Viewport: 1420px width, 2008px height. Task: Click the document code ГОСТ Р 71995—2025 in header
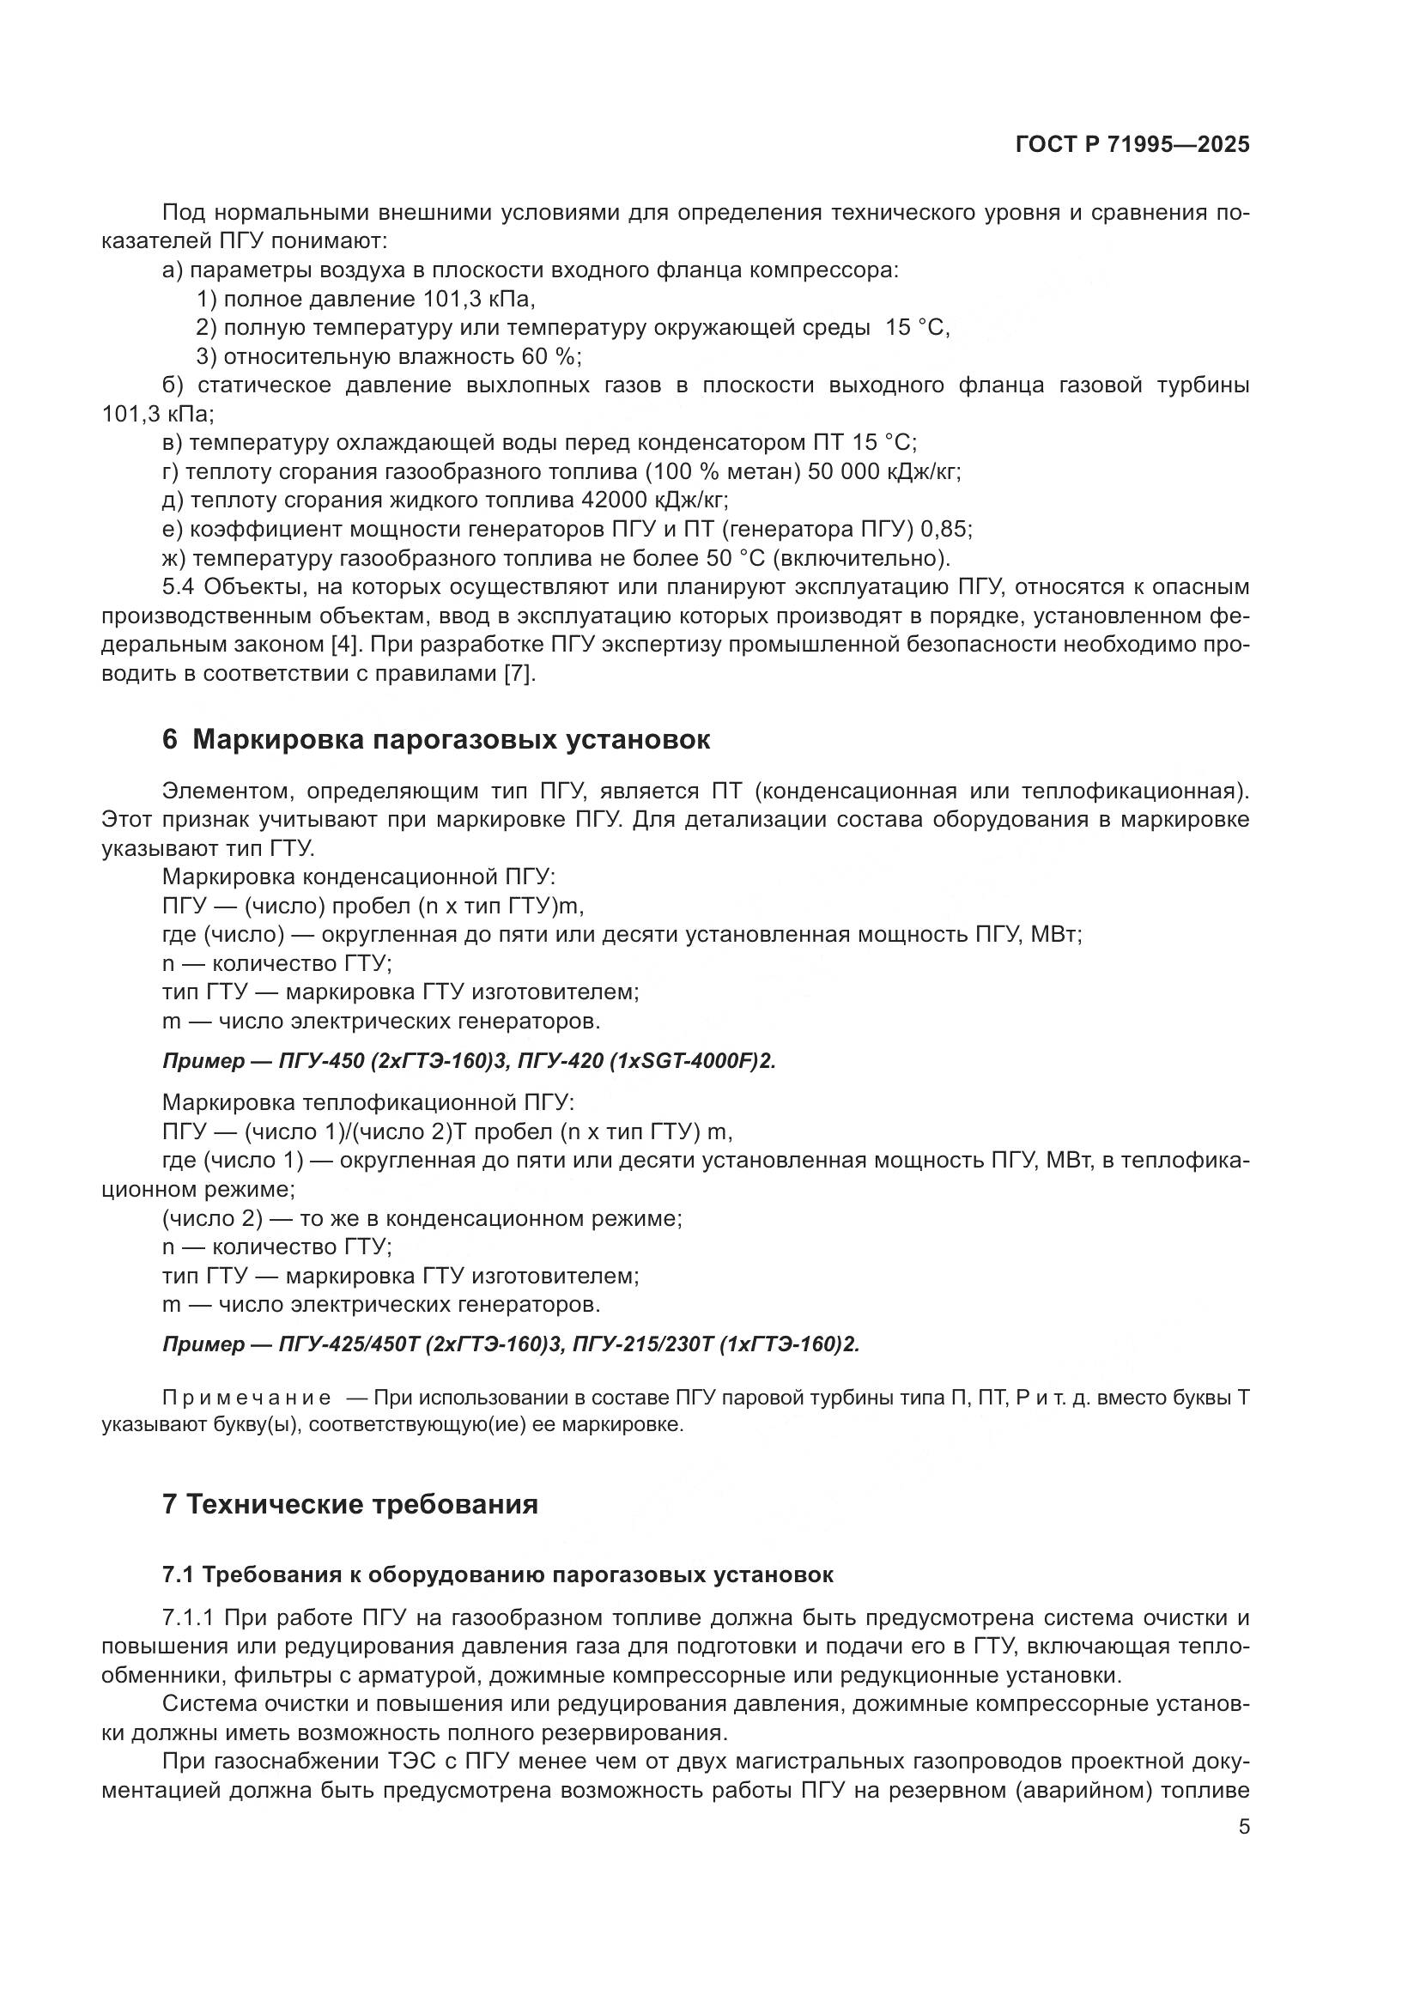(1132, 144)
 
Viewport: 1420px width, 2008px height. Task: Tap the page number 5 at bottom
(1244, 1826)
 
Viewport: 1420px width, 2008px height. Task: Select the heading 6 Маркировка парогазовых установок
(436, 740)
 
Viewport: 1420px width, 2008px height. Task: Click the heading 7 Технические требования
(349, 1504)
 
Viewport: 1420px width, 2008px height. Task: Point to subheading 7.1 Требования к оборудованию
(498, 1575)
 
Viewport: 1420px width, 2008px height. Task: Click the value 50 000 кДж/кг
(884, 472)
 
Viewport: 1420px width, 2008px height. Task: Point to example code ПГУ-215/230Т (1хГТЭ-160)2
(716, 1345)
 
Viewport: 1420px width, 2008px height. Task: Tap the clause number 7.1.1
(188, 1619)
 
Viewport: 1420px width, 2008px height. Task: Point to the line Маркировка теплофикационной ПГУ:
(368, 1103)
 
